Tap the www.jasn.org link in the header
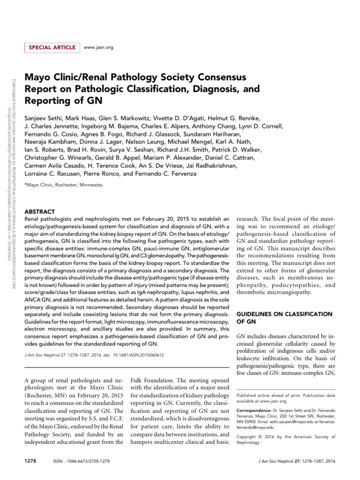pyautogui.click(x=98, y=47)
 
